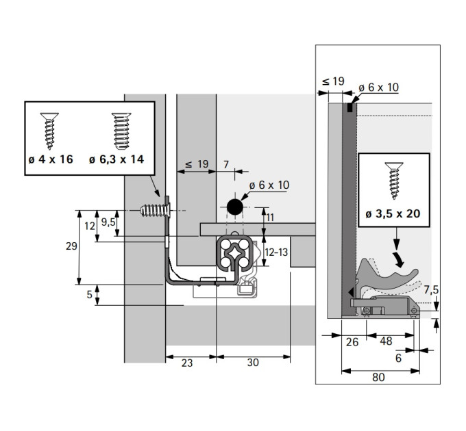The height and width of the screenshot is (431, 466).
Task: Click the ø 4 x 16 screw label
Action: tap(51, 159)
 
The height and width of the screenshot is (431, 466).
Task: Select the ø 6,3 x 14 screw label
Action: tap(116, 159)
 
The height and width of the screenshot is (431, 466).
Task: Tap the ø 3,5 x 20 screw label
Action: tap(393, 213)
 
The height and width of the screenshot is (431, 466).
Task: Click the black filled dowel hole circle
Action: tap(235, 207)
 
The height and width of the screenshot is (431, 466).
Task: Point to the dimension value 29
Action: tap(71, 246)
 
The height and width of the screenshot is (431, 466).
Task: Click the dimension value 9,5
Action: tap(108, 222)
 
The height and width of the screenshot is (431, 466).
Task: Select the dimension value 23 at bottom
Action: tap(187, 363)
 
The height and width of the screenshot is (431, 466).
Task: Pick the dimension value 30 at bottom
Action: tap(253, 362)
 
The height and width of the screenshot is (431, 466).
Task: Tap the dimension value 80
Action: tap(378, 378)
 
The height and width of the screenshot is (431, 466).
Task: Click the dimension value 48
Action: tap(386, 341)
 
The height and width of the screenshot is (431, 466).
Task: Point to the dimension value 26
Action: tap(352, 342)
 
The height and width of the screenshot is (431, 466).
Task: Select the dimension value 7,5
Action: tap(431, 290)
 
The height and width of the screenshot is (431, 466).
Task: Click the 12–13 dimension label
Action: tap(276, 252)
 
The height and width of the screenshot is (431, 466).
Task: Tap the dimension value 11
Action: tap(270, 218)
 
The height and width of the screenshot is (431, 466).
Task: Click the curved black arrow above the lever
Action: tap(398, 259)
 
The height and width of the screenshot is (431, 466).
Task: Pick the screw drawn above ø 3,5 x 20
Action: tap(394, 181)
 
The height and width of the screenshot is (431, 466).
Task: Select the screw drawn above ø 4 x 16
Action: tap(49, 131)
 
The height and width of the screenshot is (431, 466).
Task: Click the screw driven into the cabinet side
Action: tap(156, 210)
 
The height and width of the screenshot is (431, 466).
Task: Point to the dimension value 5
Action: tap(90, 295)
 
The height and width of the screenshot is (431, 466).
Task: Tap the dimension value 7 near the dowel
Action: tap(226, 164)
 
